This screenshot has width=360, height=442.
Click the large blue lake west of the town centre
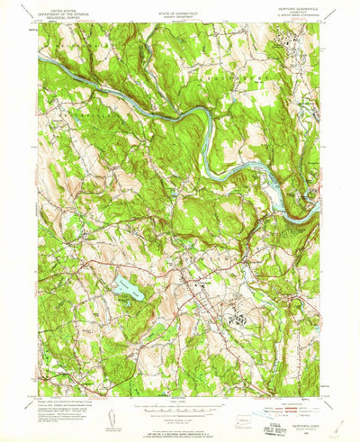126,289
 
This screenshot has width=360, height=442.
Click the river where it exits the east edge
318,209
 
